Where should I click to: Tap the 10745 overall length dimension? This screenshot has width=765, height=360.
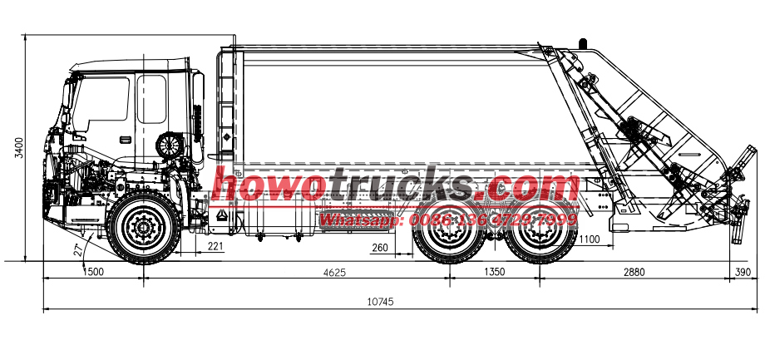point(380,302)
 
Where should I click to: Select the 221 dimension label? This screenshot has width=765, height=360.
point(215,246)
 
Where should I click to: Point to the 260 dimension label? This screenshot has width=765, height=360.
point(380,247)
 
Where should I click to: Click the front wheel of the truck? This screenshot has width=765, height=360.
point(143,226)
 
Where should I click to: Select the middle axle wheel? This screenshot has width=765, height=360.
point(450,228)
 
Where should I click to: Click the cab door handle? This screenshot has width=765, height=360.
point(125,139)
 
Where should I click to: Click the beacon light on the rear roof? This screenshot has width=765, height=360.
point(581,41)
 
